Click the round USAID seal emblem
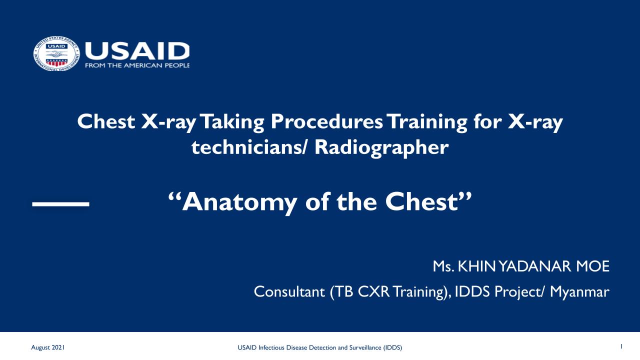pyautogui.click(x=56, y=53)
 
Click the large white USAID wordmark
pyautogui.click(x=137, y=51)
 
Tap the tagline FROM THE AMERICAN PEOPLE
pyautogui.click(x=137, y=65)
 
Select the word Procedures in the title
pyautogui.click(x=326, y=121)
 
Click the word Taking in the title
pyautogui.click(x=232, y=122)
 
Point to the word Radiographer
pyautogui.click(x=381, y=148)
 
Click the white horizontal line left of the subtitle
pyautogui.click(x=61, y=204)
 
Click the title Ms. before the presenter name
pyautogui.click(x=443, y=266)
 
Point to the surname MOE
pyautogui.click(x=592, y=266)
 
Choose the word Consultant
pyautogui.click(x=289, y=291)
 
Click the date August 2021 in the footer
pyautogui.click(x=47, y=347)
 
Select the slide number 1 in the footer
pyautogui.click(x=621, y=346)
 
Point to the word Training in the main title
pyautogui.click(x=428, y=122)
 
